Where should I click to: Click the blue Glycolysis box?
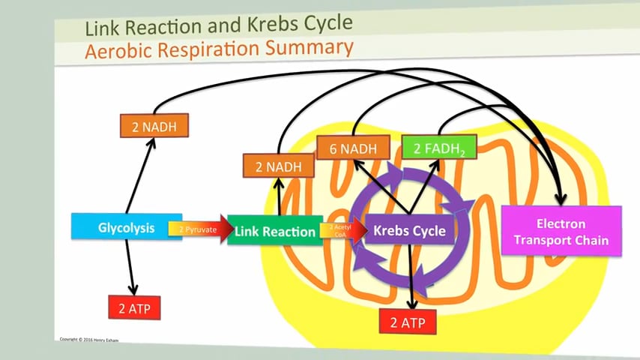(125, 226)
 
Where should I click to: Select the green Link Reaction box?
(274, 231)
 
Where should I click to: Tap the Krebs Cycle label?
(409, 230)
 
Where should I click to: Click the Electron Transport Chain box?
(561, 232)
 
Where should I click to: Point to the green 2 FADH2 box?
(438, 148)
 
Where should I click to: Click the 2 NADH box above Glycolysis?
(154, 126)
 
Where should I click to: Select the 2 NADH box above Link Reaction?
(277, 165)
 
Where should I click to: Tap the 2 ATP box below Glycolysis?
(135, 307)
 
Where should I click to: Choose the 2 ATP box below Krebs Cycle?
(409, 322)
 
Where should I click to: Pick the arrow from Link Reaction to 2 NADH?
(279, 196)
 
